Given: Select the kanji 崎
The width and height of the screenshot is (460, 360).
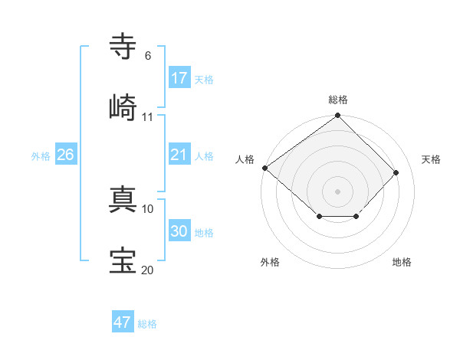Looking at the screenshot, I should click(123, 107).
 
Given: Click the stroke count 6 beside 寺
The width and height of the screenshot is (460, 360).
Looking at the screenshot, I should click(147, 56).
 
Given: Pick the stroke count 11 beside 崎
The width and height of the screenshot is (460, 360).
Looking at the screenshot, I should click(148, 117).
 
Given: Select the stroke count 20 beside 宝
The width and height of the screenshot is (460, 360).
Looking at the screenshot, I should click(147, 270).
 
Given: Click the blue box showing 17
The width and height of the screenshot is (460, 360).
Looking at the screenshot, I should click(179, 77).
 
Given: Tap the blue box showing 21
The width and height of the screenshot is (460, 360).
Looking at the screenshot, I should click(179, 155).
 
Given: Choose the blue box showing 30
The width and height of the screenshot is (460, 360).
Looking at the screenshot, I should click(179, 231).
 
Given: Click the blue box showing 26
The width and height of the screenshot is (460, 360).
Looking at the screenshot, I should click(66, 155).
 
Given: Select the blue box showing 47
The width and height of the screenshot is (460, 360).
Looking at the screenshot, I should click(123, 322).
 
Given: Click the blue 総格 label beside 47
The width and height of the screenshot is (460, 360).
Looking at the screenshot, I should click(147, 324).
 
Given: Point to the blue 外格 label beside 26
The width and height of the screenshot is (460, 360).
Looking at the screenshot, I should click(41, 156).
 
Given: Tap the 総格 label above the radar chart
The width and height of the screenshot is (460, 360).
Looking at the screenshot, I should click(338, 100).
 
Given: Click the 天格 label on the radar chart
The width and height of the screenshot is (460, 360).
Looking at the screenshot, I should click(432, 159).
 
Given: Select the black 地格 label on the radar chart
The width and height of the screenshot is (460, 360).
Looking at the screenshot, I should click(402, 262).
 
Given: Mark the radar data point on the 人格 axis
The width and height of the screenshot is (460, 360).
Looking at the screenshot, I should click(265, 168).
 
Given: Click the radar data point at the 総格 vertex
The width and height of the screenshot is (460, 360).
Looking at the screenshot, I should click(338, 116).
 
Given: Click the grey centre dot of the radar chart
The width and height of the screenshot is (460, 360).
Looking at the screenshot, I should click(338, 191).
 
